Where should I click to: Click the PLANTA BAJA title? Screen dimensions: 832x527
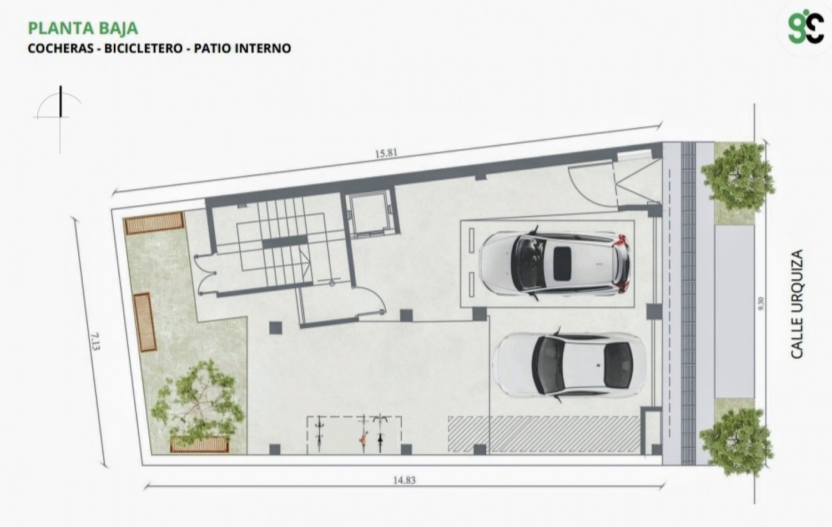[x=83, y=29]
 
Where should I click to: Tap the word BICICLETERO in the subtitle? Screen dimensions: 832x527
[x=143, y=48]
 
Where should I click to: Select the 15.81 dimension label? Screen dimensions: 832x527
[x=386, y=153]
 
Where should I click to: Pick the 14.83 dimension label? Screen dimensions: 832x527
[x=404, y=480]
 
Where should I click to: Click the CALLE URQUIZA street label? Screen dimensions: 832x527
[x=796, y=303]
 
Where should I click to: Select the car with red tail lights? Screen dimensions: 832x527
[x=554, y=264]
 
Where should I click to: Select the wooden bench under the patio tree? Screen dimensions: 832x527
[x=199, y=444]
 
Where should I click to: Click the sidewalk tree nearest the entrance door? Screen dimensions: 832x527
[x=738, y=177]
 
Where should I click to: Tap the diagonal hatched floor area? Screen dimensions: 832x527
[x=544, y=434]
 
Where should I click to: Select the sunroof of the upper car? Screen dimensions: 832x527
[x=562, y=263]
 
